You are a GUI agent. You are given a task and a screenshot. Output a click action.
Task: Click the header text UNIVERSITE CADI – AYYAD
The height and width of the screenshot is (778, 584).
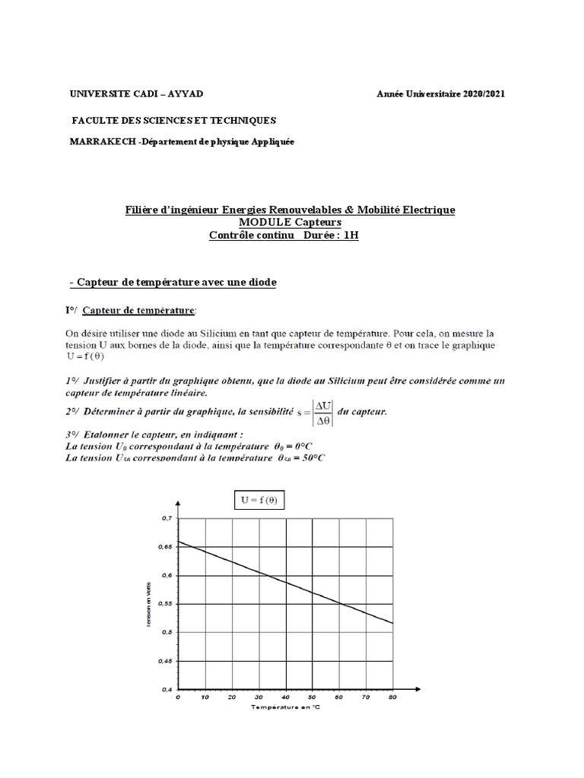point(136,93)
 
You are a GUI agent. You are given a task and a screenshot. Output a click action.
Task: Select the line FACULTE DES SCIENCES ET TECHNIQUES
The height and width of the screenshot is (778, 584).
point(174,120)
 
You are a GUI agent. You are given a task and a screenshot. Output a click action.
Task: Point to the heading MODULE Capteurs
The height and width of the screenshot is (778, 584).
point(290,221)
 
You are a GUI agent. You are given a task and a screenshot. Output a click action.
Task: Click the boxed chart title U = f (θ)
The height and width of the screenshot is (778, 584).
point(259,500)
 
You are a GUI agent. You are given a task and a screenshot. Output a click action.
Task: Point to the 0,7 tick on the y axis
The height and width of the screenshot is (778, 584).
point(167,518)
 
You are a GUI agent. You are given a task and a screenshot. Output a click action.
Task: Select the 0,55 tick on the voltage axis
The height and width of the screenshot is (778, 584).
point(165,604)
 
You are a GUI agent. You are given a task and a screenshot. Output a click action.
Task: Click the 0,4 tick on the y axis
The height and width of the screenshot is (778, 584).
point(167,690)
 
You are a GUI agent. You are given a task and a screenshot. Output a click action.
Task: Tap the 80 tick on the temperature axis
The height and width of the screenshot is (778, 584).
point(392,697)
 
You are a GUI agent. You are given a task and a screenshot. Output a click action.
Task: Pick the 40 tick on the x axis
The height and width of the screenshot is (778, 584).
point(285,697)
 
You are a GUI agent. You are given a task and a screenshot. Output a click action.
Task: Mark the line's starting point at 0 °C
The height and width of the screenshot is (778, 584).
point(179,542)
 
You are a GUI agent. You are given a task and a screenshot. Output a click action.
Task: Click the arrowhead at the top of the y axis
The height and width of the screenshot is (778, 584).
point(178,503)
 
